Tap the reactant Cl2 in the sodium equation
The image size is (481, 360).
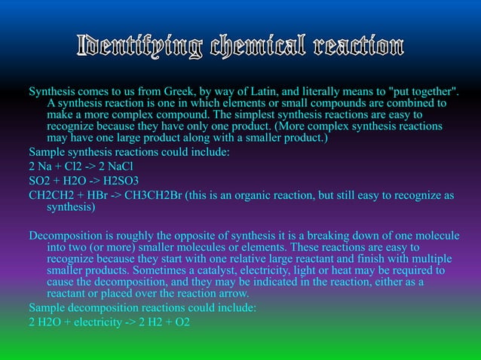[68, 166]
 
